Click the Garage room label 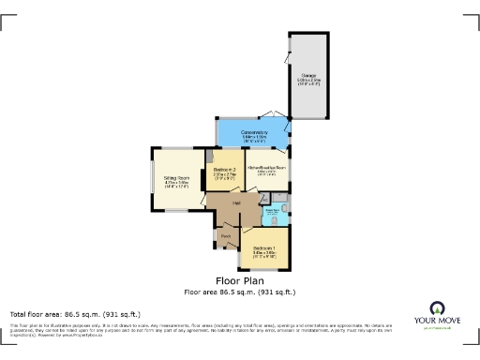[x=307, y=75]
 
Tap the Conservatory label [x=254, y=132]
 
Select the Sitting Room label [x=177, y=177]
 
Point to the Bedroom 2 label [x=224, y=169]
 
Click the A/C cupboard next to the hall [x=265, y=199]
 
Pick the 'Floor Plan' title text [x=240, y=280]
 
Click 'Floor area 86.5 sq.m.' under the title [x=240, y=292]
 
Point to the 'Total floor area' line [x=75, y=313]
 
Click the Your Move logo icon [x=436, y=309]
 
